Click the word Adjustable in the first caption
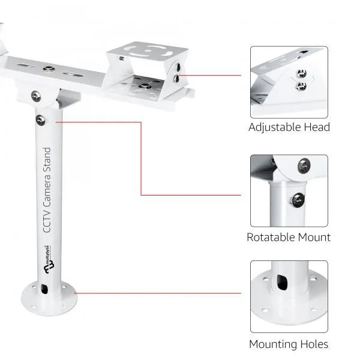click(x=274, y=128)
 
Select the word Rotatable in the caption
click(x=271, y=237)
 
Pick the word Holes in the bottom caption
click(x=314, y=344)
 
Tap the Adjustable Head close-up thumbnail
click(x=289, y=82)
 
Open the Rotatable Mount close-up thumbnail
click(x=289, y=191)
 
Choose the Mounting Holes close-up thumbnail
click(x=289, y=296)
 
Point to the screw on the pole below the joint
click(x=40, y=120)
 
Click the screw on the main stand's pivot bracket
click(x=37, y=95)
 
